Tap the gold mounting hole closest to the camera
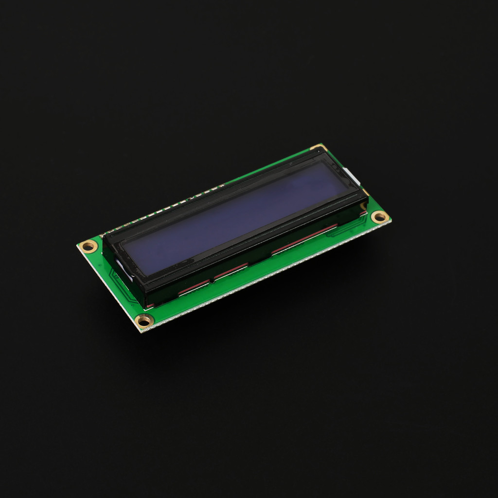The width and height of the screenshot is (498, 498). click(144, 320)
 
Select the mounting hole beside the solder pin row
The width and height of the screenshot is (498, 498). click(89, 246)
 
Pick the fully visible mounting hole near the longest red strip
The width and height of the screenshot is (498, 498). click(380, 217)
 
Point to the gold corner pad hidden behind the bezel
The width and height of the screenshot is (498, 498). click(319, 147)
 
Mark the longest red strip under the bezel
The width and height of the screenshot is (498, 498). click(304, 238)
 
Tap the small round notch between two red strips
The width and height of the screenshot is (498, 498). click(212, 281)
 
